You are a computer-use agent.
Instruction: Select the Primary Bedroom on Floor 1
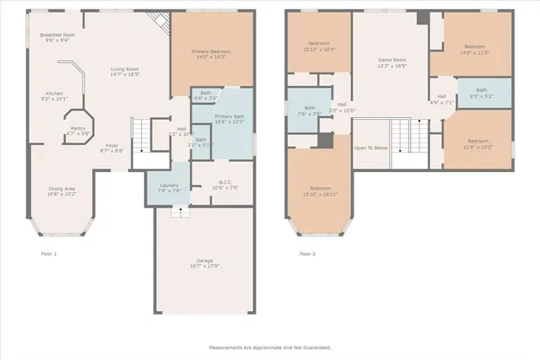pyautogui.click(x=213, y=54)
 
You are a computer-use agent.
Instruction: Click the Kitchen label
pyautogui.click(x=54, y=95)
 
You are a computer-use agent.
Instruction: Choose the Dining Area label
pyautogui.click(x=62, y=191)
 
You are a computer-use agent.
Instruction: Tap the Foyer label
pyautogui.click(x=112, y=148)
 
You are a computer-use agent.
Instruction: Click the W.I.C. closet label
pyautogui.click(x=219, y=185)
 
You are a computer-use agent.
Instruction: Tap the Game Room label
pyautogui.click(x=392, y=62)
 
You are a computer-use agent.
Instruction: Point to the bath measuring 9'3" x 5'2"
pyautogui.click(x=481, y=93)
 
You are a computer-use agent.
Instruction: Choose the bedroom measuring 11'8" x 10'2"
pyautogui.click(x=478, y=143)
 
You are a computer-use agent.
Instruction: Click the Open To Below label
pyautogui.click(x=371, y=148)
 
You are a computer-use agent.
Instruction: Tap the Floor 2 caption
pyautogui.click(x=307, y=253)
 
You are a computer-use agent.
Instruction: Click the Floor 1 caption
pyautogui.click(x=48, y=253)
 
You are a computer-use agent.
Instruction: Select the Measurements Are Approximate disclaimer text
pyautogui.click(x=270, y=347)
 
